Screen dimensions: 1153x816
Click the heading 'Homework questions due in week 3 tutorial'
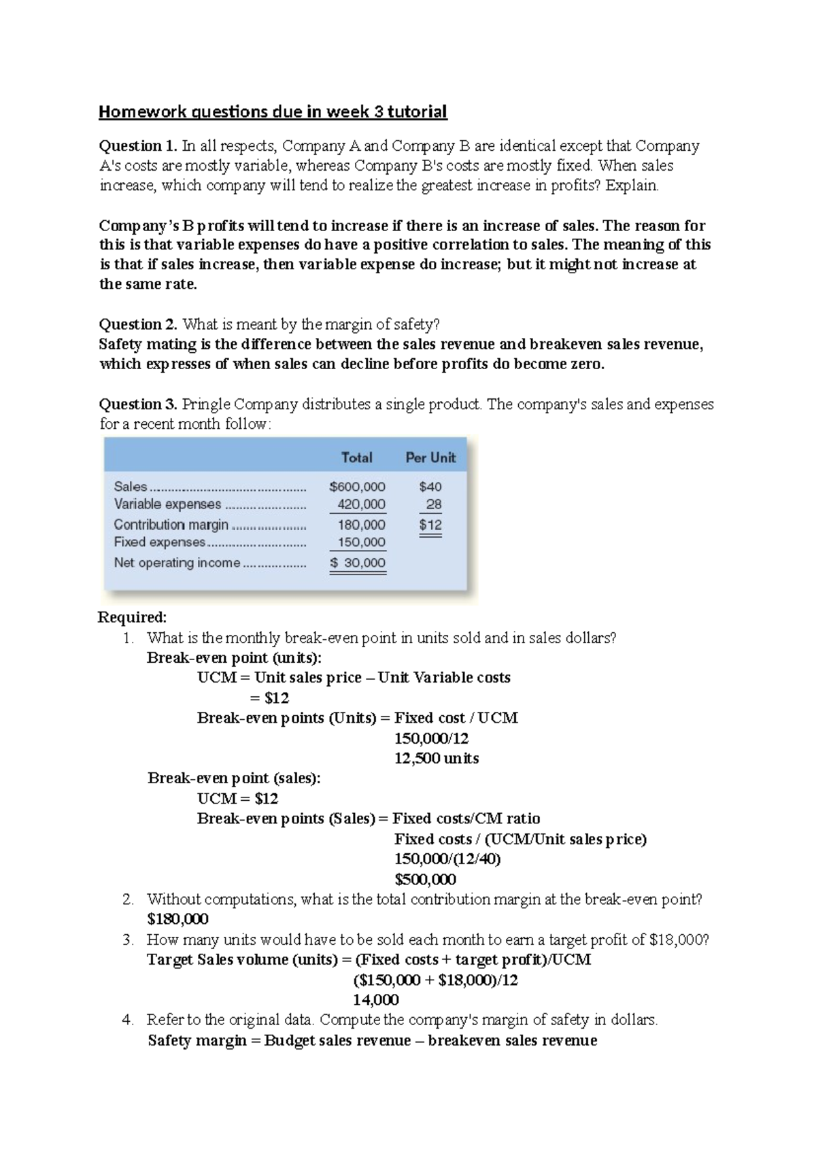(273, 111)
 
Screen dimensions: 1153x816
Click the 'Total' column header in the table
(356, 458)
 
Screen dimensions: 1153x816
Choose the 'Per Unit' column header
(430, 458)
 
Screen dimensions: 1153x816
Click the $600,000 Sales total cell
(357, 487)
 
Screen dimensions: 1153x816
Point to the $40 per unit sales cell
(430, 487)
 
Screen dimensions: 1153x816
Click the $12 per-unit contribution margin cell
(430, 525)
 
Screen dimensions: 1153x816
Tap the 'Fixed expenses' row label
(160, 542)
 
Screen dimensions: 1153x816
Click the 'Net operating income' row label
(177, 563)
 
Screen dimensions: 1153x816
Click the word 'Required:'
(132, 617)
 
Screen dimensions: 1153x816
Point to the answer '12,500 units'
(436, 758)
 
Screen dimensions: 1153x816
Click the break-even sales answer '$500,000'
(425, 879)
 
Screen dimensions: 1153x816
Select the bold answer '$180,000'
(177, 919)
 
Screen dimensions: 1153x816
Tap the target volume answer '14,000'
(375, 1000)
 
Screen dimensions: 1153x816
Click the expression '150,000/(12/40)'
(447, 859)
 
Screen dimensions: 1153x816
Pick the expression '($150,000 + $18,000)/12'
(435, 980)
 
